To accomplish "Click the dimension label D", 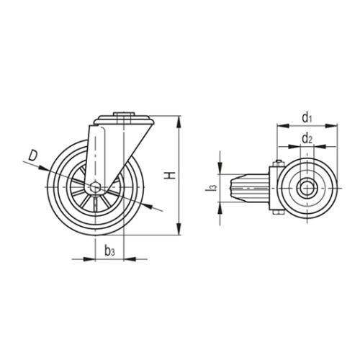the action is pos(33,156).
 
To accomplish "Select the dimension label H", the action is pos(170,176).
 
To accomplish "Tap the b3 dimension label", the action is pos(109,251).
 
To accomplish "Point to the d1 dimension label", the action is pos(307,118).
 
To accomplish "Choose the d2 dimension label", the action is pos(307,138).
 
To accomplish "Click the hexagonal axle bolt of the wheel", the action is pos(96,187).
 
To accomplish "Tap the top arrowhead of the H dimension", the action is pos(179,122).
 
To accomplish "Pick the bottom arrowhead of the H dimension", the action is pos(179,229).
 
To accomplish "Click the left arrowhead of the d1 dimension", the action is pos(283,125).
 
